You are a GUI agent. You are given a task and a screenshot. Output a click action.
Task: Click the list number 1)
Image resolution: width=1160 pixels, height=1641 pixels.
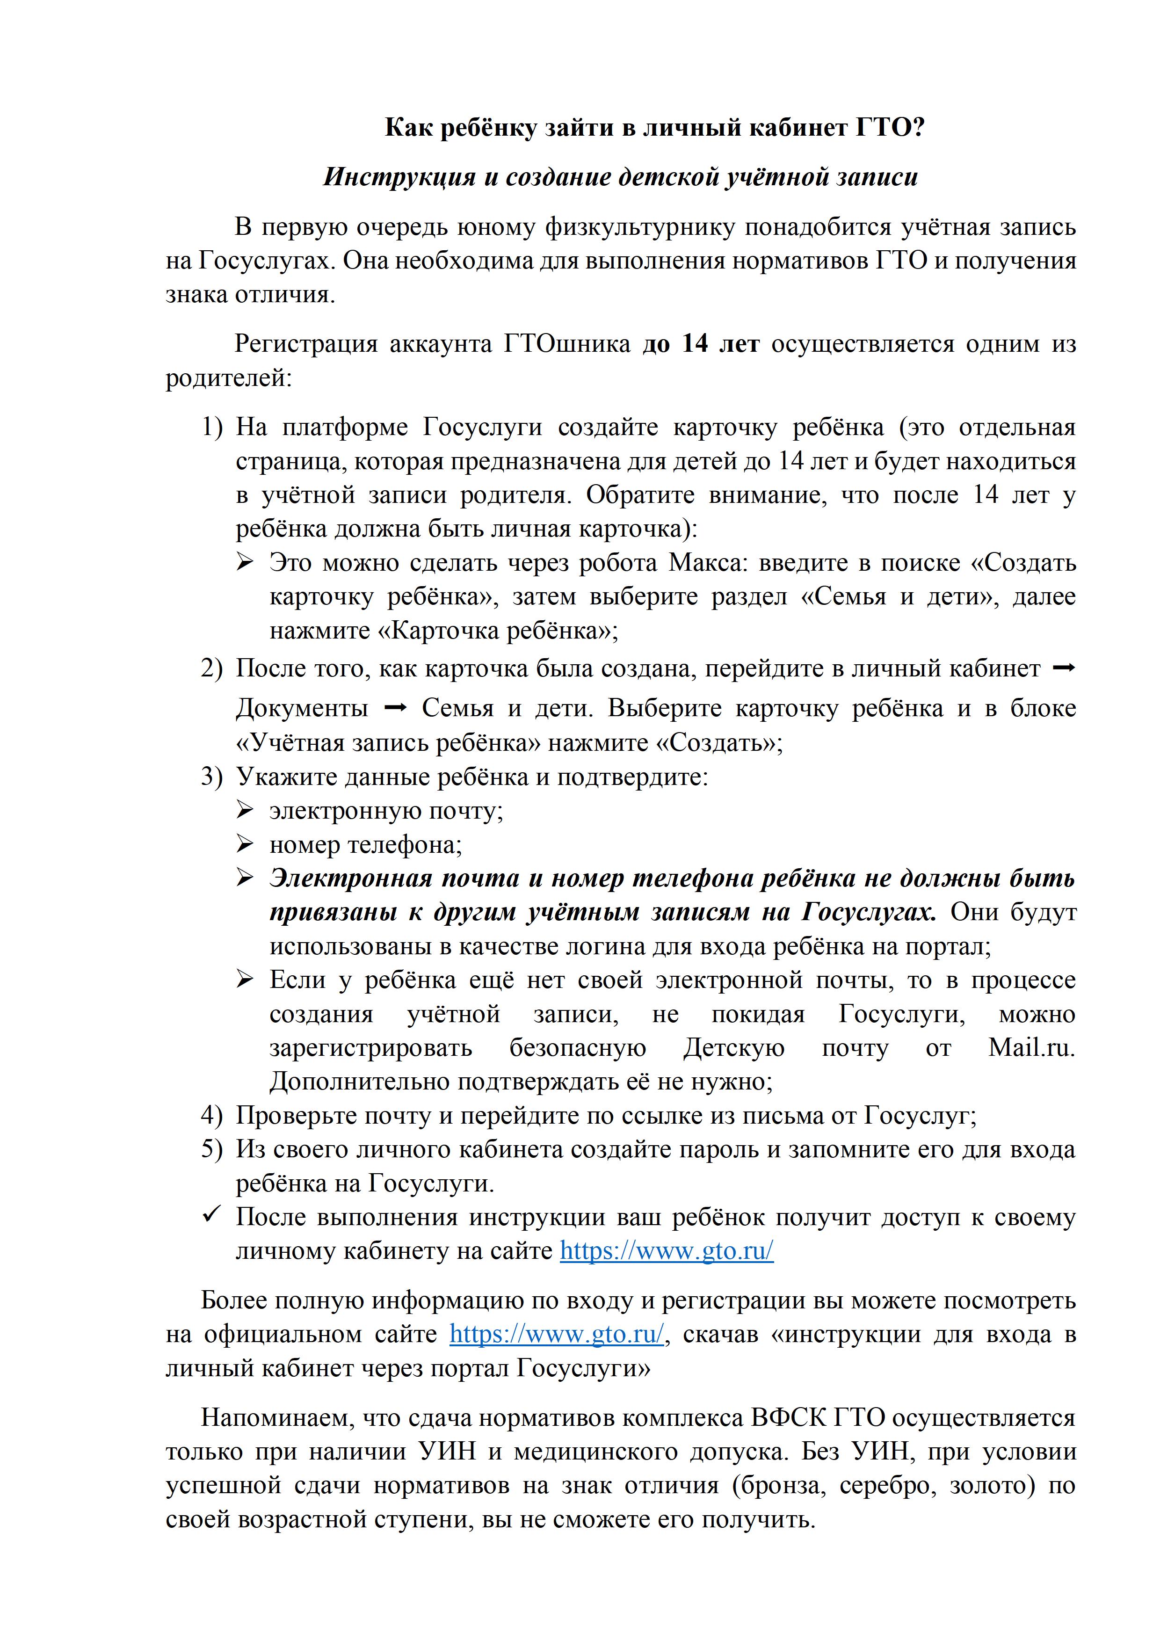click(212, 428)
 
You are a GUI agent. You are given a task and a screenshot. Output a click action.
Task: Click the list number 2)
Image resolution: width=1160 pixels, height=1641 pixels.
click(212, 669)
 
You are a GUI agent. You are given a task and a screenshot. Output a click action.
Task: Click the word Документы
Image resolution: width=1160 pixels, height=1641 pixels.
click(302, 708)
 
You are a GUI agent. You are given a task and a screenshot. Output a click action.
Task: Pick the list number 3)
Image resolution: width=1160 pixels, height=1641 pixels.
click(212, 777)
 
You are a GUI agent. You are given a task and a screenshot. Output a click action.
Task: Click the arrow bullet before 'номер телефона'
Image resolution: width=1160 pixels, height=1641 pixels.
click(245, 845)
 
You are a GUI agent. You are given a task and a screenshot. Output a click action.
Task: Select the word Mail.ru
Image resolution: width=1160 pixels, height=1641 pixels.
click(1031, 1048)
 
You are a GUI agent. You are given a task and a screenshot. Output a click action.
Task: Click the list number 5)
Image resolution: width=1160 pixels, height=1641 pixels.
click(212, 1149)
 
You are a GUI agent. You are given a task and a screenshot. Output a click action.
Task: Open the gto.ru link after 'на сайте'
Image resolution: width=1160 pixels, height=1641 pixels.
click(666, 1251)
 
